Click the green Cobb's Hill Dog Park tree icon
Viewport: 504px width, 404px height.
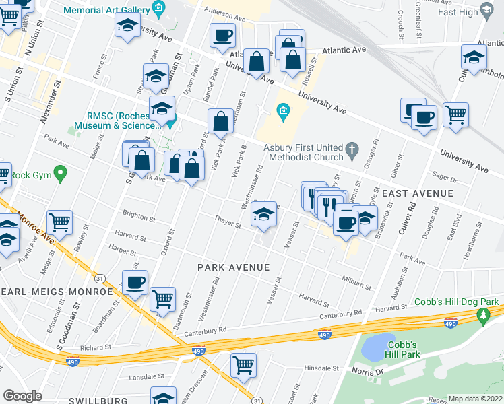coord(482,314)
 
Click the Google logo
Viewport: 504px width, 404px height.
coord(22,395)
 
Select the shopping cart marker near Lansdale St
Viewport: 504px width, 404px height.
coord(243,364)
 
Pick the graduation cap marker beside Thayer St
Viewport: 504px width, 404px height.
coord(263,215)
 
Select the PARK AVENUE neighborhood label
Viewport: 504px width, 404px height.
coord(233,267)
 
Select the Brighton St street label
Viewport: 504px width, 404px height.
coord(138,219)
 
